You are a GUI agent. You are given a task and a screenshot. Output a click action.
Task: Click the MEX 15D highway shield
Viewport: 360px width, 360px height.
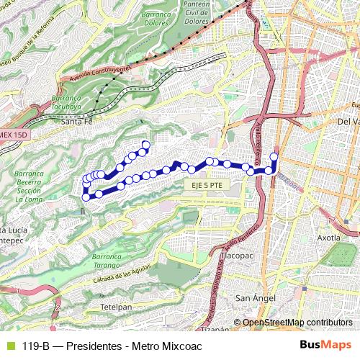pyautogui.click(x=12, y=135)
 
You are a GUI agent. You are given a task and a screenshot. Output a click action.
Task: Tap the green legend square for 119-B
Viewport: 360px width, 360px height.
pyautogui.click(x=9, y=345)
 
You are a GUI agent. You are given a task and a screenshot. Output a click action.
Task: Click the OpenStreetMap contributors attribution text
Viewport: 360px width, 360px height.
pyautogui.click(x=297, y=323)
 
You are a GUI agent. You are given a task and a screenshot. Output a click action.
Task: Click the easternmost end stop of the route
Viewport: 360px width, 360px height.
pyautogui.click(x=274, y=156)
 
